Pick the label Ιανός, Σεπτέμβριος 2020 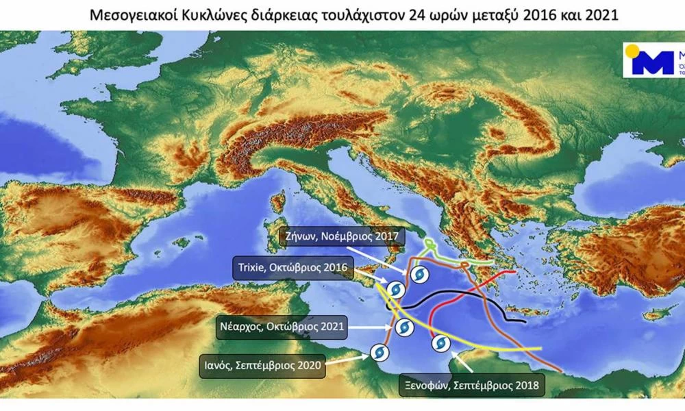tap(267, 365)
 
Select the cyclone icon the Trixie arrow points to tap(394, 290)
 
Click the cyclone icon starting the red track tap(439, 343)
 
